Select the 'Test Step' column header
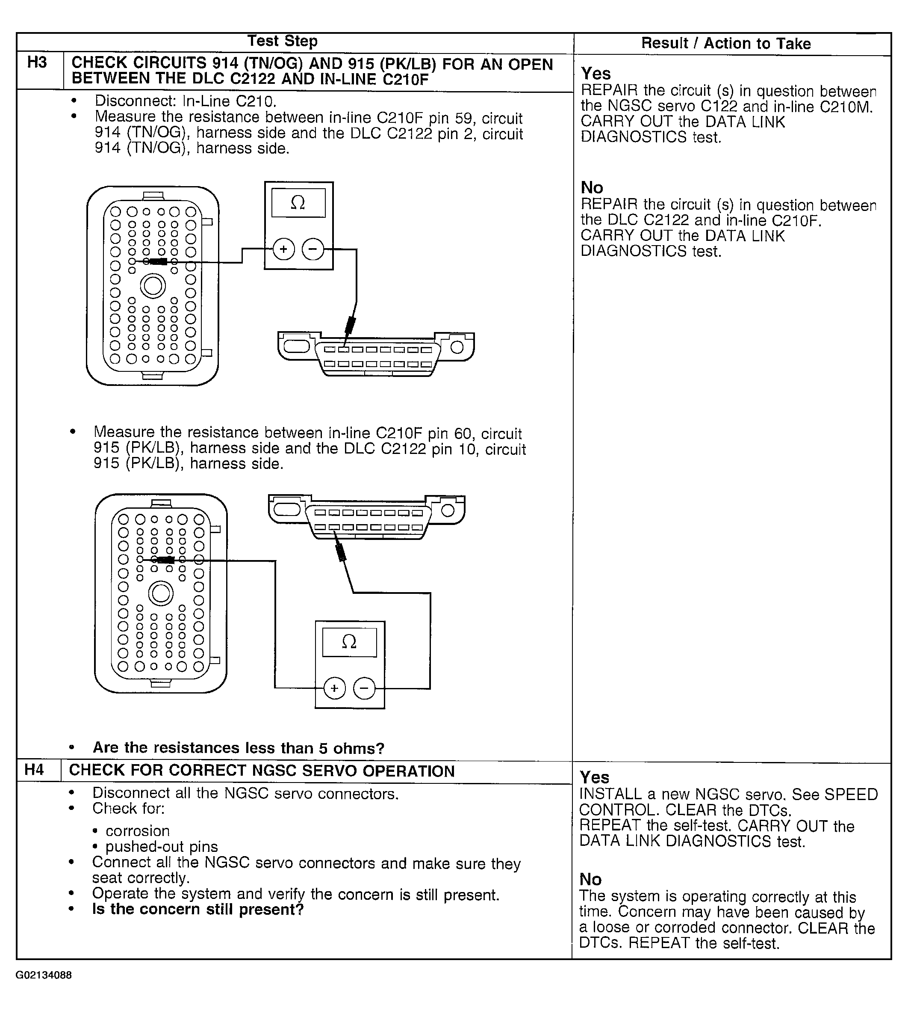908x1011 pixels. coord(283,41)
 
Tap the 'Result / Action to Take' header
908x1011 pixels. coord(725,44)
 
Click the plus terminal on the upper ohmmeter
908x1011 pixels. coord(284,249)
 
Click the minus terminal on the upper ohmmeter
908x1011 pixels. coord(313,249)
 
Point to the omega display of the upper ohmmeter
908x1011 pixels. coord(298,202)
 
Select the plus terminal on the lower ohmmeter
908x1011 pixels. coord(334,689)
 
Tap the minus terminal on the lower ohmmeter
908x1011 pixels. coord(364,689)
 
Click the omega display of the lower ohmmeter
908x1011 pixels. coord(349,642)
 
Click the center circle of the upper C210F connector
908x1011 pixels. coord(153,286)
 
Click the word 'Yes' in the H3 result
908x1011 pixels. coord(596,74)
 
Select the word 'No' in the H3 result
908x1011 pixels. coord(592,188)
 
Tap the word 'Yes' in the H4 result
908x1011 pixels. coord(594,777)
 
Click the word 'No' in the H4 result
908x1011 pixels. coord(590,879)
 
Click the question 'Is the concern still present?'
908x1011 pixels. coord(198,909)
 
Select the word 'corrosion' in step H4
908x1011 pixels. coord(138,831)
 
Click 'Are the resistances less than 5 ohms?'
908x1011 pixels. coord(239,747)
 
